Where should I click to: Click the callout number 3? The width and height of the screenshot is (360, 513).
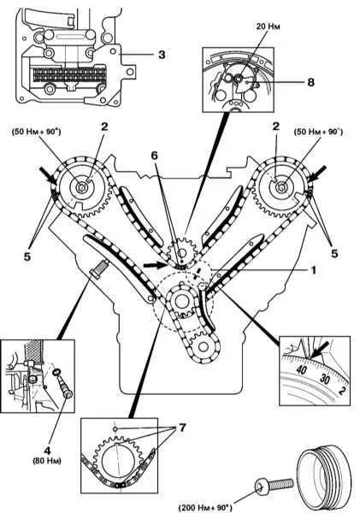tap(162, 55)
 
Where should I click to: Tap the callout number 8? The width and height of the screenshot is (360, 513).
tap(310, 82)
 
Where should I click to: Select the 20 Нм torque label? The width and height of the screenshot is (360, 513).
tap(268, 27)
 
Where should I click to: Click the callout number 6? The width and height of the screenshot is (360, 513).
tap(154, 156)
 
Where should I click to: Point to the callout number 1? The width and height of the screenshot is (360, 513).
tap(313, 270)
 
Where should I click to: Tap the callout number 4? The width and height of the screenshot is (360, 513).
tap(47, 451)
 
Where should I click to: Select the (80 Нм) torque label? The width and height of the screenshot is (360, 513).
tap(47, 461)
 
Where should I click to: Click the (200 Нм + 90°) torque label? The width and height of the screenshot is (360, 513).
tap(205, 507)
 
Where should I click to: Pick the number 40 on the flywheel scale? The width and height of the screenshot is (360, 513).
tap(301, 369)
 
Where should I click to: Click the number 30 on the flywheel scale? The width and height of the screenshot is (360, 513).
tap(325, 379)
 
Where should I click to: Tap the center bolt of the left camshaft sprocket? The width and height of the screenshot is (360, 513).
tap(80, 187)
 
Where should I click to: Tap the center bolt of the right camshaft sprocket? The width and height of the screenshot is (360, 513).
tap(281, 187)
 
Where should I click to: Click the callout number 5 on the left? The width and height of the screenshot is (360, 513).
tap(27, 256)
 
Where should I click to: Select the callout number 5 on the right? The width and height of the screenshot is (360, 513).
tap(334, 253)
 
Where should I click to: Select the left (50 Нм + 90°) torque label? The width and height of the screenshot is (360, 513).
tap(36, 133)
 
